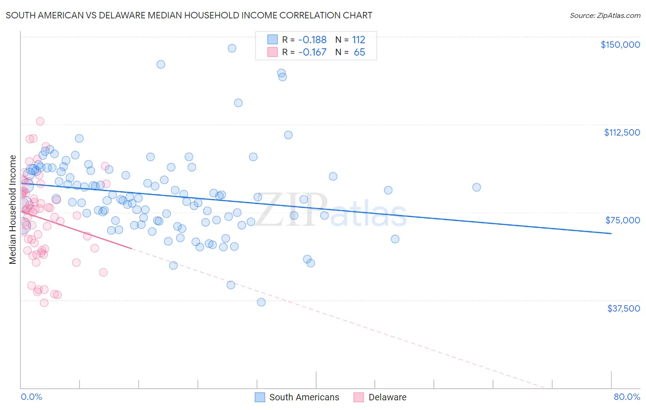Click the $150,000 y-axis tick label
(x=620, y=45)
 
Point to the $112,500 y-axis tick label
(x=622, y=132)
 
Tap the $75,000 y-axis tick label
(x=623, y=220)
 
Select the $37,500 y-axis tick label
(x=623, y=308)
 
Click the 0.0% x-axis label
(x=31, y=397)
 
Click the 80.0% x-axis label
(x=627, y=397)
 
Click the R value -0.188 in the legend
(x=312, y=40)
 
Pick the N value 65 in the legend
(x=359, y=52)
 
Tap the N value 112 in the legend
(x=358, y=40)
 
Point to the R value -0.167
(x=312, y=52)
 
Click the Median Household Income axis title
(x=13, y=210)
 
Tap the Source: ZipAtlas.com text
(x=605, y=15)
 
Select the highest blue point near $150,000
(x=232, y=48)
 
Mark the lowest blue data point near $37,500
(x=261, y=302)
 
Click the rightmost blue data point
(x=476, y=187)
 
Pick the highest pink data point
(x=40, y=121)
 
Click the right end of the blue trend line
(x=611, y=233)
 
